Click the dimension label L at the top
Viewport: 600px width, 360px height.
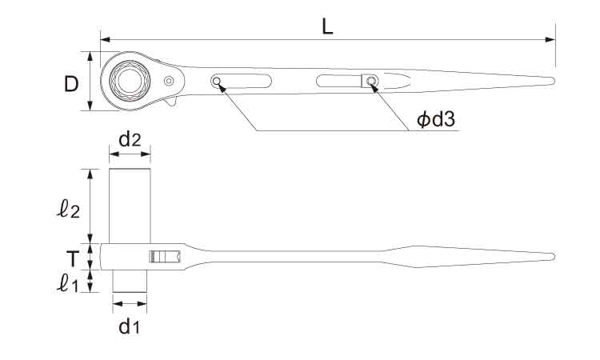(327, 26)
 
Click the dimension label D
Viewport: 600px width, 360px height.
(71, 84)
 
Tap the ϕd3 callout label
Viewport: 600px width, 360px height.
(436, 119)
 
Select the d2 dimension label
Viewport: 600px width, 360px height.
(130, 140)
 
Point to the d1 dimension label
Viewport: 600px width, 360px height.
(130, 326)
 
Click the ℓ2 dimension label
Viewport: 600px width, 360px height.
(69, 210)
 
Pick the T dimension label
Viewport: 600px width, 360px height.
(72, 258)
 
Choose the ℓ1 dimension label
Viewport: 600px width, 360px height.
(67, 283)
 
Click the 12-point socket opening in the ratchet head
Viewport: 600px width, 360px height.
(130, 81)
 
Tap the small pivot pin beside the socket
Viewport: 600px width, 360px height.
(169, 81)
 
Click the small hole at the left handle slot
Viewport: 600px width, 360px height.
(217, 81)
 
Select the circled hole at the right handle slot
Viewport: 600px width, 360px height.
(370, 81)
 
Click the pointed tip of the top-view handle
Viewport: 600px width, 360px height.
(554, 81)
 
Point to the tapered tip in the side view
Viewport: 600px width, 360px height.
(554, 257)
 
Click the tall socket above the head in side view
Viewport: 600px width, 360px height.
(130, 206)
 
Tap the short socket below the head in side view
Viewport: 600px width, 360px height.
(130, 281)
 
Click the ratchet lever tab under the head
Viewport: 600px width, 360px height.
(172, 102)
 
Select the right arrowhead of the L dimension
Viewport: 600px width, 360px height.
(550, 39)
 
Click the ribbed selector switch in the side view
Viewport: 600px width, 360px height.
(166, 257)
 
